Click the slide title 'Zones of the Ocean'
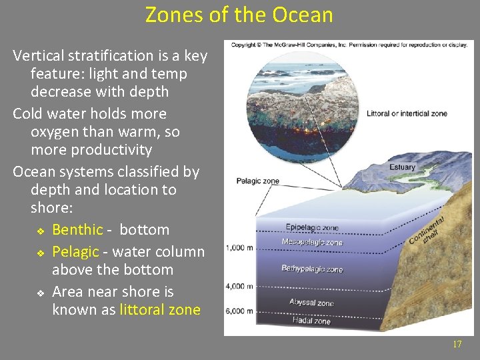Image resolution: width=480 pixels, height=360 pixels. [x=239, y=15]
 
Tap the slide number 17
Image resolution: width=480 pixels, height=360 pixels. [x=457, y=344]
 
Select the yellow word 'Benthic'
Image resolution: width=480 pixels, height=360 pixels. [x=77, y=230]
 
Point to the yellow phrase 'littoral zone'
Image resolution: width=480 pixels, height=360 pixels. [x=160, y=309]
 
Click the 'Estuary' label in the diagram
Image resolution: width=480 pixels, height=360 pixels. [x=402, y=167]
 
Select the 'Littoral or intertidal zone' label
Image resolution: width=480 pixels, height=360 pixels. [x=407, y=113]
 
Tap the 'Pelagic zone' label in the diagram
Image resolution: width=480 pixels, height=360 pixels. [x=257, y=181]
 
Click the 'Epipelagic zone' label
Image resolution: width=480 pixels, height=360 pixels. [x=312, y=227]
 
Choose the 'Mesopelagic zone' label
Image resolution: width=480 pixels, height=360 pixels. [x=313, y=242]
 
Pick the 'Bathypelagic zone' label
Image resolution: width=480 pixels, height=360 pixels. [x=312, y=269]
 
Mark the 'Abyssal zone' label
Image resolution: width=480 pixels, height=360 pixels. [x=311, y=303]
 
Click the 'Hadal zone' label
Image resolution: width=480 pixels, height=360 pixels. [x=311, y=321]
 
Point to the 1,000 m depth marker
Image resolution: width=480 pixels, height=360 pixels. [x=240, y=247]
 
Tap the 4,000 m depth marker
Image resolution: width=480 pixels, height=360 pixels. [x=240, y=287]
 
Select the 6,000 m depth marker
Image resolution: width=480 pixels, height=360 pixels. [x=240, y=311]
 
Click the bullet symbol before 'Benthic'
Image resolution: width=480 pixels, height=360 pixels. [x=41, y=231]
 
